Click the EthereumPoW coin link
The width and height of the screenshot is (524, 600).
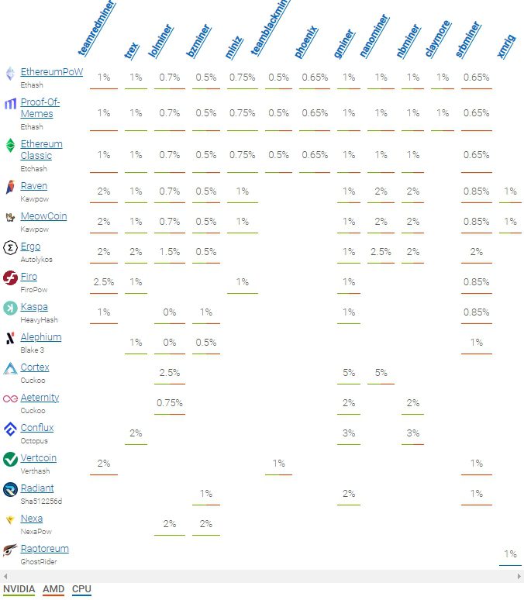51,72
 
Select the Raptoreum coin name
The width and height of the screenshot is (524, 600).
44,549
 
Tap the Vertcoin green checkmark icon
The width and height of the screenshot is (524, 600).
10,460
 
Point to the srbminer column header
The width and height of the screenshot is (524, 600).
468,39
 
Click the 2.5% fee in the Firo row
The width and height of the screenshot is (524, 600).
104,281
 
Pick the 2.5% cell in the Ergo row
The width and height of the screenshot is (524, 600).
380,251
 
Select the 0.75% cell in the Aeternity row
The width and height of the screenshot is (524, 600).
170,402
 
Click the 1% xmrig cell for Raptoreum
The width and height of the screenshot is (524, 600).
510,553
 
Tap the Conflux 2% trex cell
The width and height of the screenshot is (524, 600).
136,433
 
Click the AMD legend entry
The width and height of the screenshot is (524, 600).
53,589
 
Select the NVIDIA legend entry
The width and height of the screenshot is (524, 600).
19,589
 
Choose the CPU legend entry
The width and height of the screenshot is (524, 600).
81,589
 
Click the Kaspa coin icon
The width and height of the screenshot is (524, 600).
10,309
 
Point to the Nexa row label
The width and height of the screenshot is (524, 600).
32,519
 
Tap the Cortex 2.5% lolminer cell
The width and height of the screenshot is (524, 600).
170,372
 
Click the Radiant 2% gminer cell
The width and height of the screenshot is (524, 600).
349,493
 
